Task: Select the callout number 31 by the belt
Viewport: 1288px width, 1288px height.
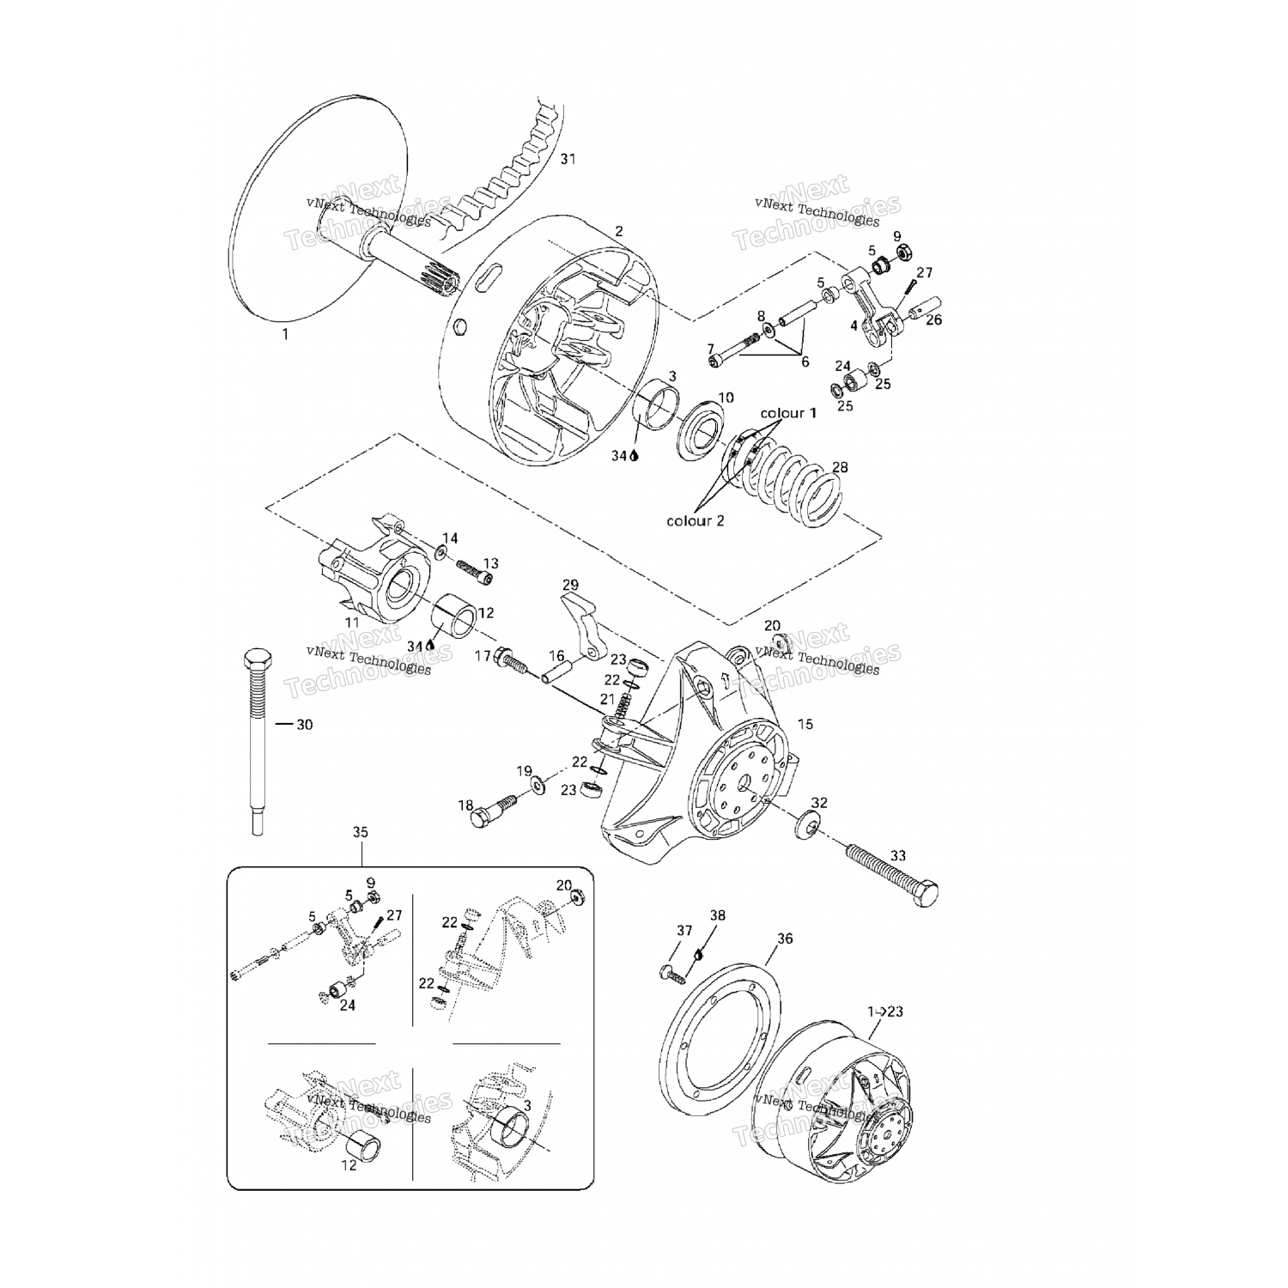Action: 568,159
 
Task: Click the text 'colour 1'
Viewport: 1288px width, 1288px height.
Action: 788,413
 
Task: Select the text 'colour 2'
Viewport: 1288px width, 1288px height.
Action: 696,521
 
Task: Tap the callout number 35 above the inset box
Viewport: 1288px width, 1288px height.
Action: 361,832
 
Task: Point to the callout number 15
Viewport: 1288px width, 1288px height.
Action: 805,725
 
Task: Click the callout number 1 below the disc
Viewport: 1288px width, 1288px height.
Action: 286,335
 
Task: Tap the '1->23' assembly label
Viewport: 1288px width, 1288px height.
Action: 885,1012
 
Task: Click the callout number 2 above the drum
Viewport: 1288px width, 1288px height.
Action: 619,231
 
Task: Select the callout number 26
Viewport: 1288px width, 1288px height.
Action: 934,319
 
